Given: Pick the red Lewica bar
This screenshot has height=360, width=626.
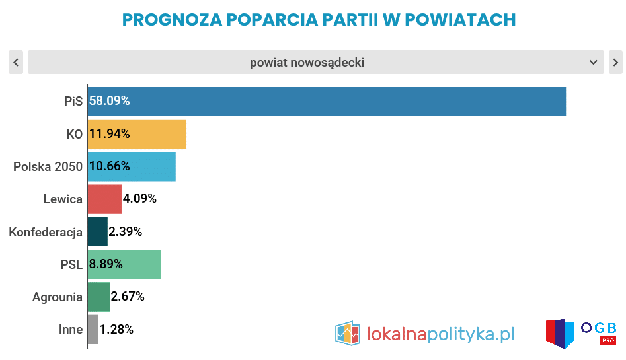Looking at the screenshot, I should point(104,199).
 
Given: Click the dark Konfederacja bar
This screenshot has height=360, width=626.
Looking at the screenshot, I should point(97,232).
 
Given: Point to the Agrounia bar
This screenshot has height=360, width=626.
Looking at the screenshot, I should point(98,297).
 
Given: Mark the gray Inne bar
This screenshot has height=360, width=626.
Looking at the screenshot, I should point(93,329).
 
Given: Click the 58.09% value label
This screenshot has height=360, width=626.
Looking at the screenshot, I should point(110,101).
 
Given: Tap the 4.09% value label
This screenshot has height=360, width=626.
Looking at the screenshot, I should point(139,199).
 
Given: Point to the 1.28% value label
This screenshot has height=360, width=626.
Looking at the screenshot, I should point(116,329).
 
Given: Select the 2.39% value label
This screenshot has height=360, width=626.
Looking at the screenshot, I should point(126,232).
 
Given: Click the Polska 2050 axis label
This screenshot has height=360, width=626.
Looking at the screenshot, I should point(48,166).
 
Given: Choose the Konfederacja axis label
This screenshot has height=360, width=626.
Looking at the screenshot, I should point(46,232).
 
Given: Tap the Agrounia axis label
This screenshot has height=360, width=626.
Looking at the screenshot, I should point(58,297).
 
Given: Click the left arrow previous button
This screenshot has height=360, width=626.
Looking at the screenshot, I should point(17,63).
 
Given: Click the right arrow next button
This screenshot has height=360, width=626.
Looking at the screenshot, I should point(615,63).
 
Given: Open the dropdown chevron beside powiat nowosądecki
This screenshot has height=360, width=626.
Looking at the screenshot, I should point(593,63).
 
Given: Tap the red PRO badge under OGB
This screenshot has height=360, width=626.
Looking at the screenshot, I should point(608,340).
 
